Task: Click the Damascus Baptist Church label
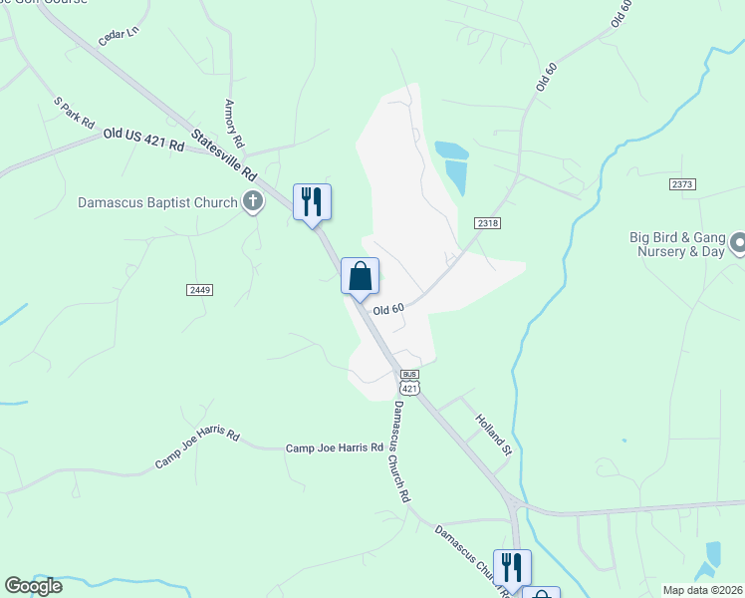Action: pos(157,202)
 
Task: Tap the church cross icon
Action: pos(253,202)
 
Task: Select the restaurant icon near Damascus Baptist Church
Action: pos(312,202)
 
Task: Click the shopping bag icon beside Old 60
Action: pos(360,276)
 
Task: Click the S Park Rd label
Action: pos(74,113)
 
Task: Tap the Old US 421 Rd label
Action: pos(143,140)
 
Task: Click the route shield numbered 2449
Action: pos(198,289)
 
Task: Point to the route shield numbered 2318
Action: pos(487,224)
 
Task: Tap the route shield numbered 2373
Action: pos(682,184)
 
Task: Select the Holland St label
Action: pos(492,436)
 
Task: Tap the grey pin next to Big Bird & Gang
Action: pos(739,243)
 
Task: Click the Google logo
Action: pos(34,586)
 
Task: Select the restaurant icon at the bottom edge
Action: pos(512,567)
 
